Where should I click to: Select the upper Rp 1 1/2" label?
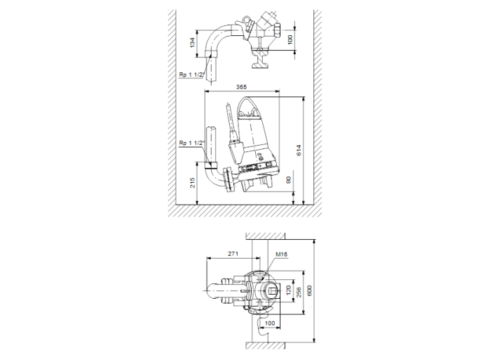(192, 74)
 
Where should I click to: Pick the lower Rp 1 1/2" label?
(192, 143)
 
